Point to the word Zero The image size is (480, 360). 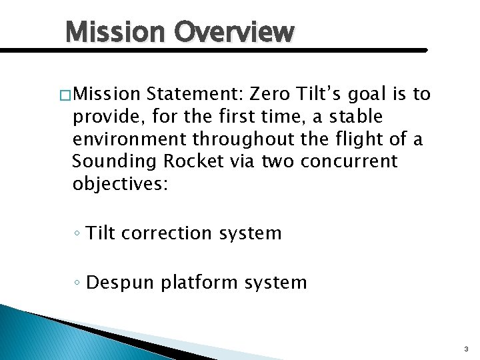[267, 94]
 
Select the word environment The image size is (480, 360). [129, 139]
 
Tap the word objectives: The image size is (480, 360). [121, 183]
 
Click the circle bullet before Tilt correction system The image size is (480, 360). [77, 234]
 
